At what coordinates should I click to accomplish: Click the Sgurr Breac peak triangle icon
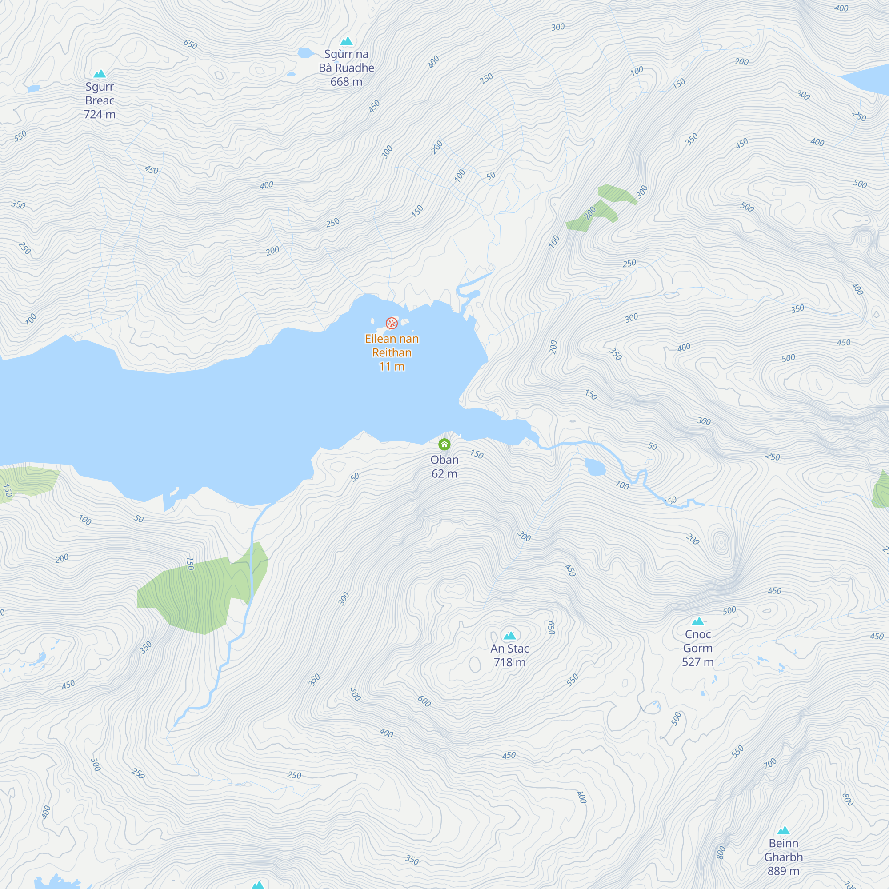pyautogui.click(x=100, y=74)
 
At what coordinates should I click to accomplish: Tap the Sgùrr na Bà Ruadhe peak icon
pyautogui.click(x=346, y=41)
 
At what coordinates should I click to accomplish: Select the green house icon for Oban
pyautogui.click(x=444, y=444)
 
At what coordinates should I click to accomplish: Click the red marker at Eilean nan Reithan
pyautogui.click(x=392, y=323)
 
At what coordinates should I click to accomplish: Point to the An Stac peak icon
pyautogui.click(x=509, y=636)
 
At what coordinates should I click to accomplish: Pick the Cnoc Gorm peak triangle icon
pyautogui.click(x=698, y=622)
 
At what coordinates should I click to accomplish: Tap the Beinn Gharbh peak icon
pyautogui.click(x=784, y=831)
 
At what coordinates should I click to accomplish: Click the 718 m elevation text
pyautogui.click(x=509, y=662)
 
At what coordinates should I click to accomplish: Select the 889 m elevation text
pyautogui.click(x=783, y=871)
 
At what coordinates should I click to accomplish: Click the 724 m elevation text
pyautogui.click(x=100, y=114)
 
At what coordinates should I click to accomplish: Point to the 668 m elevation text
pyautogui.click(x=346, y=82)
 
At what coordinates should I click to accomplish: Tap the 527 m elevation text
pyautogui.click(x=697, y=662)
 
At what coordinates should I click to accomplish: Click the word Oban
pyautogui.click(x=444, y=460)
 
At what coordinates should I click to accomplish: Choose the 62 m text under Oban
pyautogui.click(x=444, y=473)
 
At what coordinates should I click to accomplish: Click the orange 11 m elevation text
pyautogui.click(x=392, y=366)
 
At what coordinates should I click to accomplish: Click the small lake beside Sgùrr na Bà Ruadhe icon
pyautogui.click(x=305, y=53)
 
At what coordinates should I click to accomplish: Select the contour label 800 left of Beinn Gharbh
pyautogui.click(x=721, y=852)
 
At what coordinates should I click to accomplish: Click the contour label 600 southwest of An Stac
pyautogui.click(x=424, y=701)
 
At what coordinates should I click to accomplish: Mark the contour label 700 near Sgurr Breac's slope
pyautogui.click(x=31, y=319)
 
